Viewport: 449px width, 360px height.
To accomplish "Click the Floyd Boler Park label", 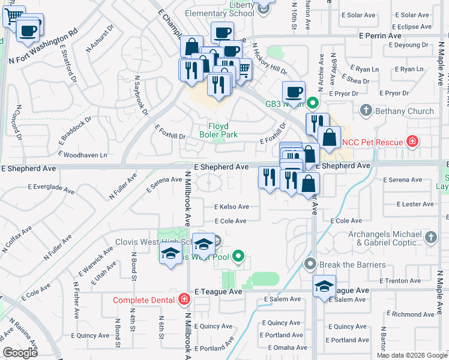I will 223,130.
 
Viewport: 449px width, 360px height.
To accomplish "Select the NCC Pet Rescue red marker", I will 412,142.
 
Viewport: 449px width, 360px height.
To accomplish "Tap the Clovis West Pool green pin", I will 238,257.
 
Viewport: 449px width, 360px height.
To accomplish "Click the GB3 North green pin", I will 312,103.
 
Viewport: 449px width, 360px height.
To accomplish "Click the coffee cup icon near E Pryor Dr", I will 294,92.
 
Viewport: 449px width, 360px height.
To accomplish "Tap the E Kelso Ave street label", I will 232,206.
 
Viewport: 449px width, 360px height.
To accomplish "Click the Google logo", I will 20,353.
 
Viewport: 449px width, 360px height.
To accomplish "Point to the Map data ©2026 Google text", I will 411,355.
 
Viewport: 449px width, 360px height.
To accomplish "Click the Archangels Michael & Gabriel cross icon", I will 430,239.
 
